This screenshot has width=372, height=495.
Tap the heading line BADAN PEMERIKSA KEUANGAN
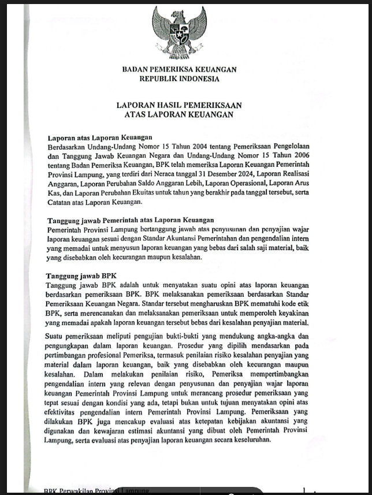179,69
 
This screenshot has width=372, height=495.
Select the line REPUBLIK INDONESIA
179,78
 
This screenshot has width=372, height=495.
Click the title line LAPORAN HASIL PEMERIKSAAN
179,105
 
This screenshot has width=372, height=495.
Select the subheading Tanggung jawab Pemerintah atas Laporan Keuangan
130,220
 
